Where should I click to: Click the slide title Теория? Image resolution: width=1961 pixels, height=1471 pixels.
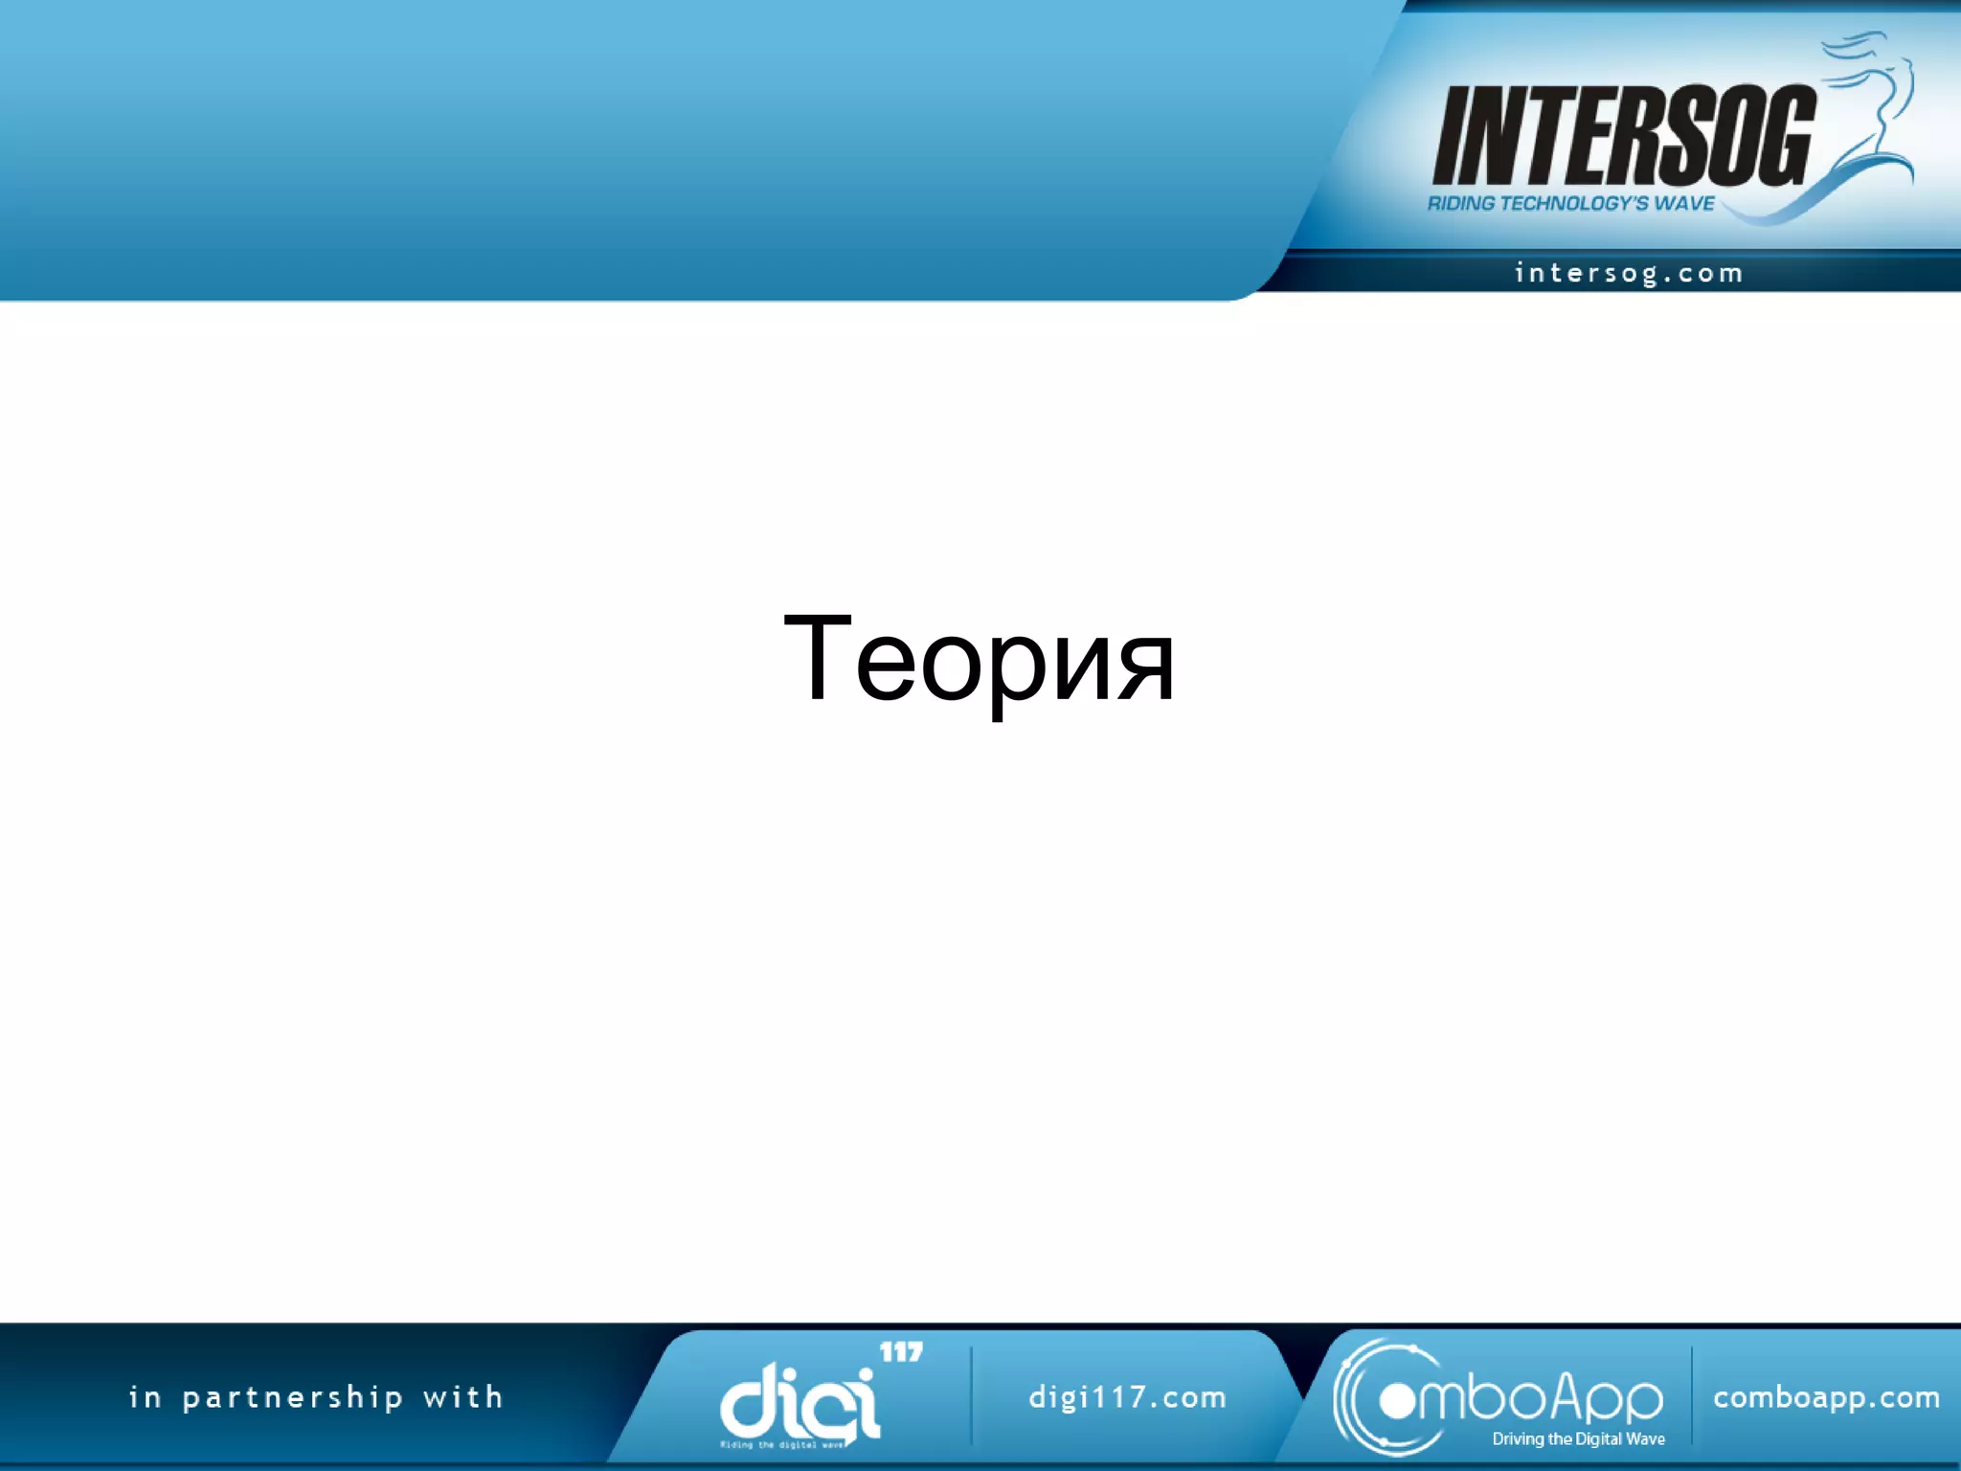tap(979, 659)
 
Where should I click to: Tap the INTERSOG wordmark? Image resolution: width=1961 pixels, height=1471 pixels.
tap(1623, 136)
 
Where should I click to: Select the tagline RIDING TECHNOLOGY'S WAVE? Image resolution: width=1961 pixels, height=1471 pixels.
tap(1570, 203)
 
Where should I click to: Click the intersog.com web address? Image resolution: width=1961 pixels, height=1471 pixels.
tap(1628, 274)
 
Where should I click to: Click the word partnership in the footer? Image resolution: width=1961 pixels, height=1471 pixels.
tap(292, 1398)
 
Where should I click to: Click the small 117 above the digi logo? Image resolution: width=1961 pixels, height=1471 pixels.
tap(901, 1352)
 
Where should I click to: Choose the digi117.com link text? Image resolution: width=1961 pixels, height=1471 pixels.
tap(1127, 1397)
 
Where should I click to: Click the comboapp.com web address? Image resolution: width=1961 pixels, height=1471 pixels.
tap(1826, 1397)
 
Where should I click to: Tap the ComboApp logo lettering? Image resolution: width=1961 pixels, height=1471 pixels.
tap(1532, 1400)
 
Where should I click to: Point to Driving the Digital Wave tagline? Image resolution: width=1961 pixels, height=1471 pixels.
tap(1578, 1438)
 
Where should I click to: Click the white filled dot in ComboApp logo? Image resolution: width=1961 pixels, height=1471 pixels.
tap(1397, 1402)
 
